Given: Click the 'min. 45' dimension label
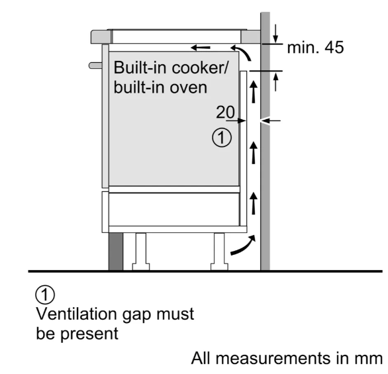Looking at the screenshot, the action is pyautogui.click(x=315, y=47).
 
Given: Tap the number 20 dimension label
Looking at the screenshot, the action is pyautogui.click(x=225, y=112).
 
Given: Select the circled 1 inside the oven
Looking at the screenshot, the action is pyautogui.click(x=222, y=138).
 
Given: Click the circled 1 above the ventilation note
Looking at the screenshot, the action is pyautogui.click(x=45, y=295).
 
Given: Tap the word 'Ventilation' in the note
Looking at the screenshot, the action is pyautogui.click(x=77, y=314).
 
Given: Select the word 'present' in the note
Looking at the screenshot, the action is pyautogui.click(x=89, y=334).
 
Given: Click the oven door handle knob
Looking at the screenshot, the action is pyautogui.click(x=95, y=66).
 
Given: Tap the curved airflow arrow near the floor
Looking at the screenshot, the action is pyautogui.click(x=243, y=246).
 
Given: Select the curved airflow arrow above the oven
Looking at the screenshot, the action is pyautogui.click(x=241, y=52).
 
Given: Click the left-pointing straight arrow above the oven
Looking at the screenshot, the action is pyautogui.click(x=201, y=47).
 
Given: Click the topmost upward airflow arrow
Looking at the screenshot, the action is pyautogui.click(x=253, y=92).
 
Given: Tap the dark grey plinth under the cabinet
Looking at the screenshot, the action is pyautogui.click(x=116, y=252).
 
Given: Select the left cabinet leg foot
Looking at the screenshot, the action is pyautogui.click(x=141, y=267).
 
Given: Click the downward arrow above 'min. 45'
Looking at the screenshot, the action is pyautogui.click(x=275, y=33).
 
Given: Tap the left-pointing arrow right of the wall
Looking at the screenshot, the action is pyautogui.click(x=270, y=120).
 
